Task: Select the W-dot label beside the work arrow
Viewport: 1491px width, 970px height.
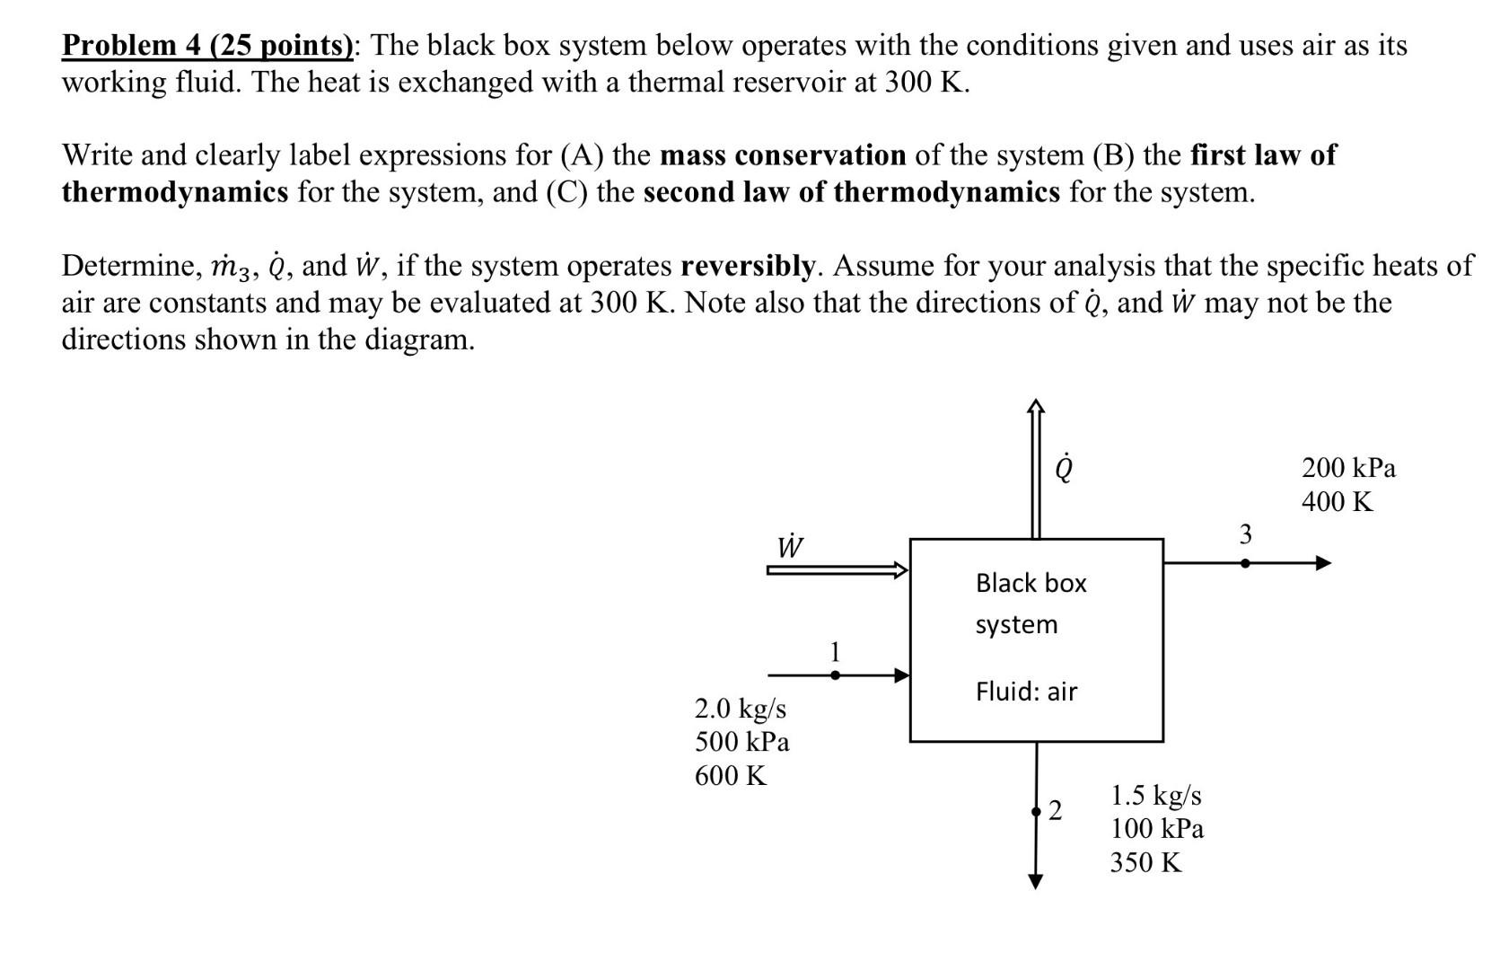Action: pos(790,545)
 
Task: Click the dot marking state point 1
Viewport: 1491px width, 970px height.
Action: pos(835,675)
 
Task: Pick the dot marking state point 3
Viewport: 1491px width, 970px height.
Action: pos(1245,564)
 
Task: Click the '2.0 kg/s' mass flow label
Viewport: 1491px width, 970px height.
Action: pos(741,709)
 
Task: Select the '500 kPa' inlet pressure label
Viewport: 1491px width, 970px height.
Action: pos(742,742)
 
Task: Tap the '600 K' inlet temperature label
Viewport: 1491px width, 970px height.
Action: pos(731,775)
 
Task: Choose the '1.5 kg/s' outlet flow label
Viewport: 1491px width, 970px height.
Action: pos(1156,795)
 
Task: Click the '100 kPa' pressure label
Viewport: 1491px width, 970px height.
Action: pos(1157,828)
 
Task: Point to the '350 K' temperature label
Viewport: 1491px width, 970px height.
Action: pos(1145,862)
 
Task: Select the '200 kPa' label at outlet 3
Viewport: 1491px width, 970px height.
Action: pos(1349,468)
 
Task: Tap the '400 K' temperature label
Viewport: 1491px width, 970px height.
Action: pos(1338,501)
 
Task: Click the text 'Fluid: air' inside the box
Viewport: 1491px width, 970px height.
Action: pos(1026,692)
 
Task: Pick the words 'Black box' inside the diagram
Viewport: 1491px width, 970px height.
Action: pos(1031,584)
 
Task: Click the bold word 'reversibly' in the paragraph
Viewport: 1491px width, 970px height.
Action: pos(747,266)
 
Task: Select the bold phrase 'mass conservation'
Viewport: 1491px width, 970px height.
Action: pos(783,155)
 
